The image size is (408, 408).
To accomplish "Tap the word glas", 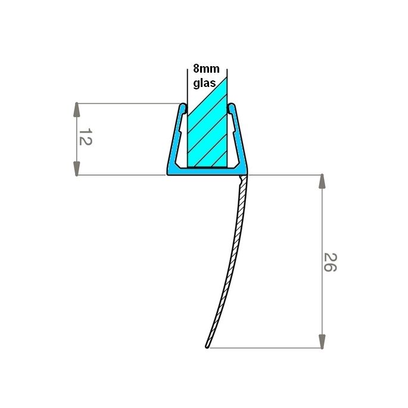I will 204,83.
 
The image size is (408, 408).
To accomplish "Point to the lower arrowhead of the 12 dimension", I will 76,168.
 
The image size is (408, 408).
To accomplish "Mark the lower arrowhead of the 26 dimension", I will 322,341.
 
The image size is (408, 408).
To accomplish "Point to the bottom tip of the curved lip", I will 207,346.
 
